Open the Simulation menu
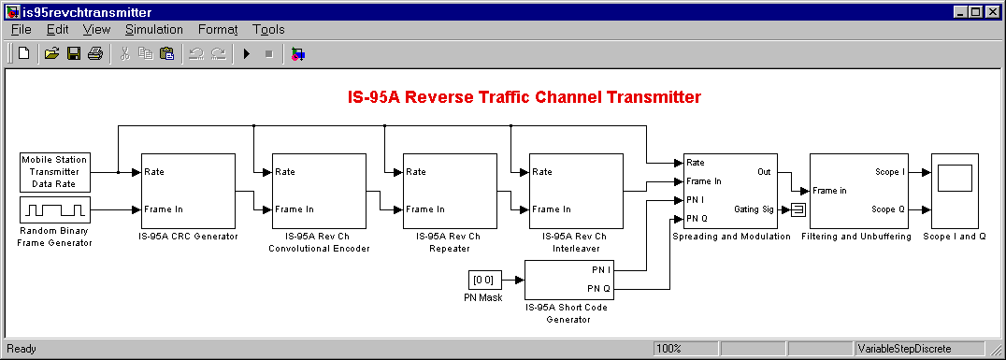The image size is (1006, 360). tap(154, 30)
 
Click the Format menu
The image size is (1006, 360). tap(218, 30)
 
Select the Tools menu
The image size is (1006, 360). tap(268, 30)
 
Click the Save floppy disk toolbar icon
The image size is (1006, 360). tap(74, 54)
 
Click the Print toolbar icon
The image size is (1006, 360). tap(95, 54)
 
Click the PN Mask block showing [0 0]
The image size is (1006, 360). tap(483, 280)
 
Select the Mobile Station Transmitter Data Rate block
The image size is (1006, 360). tap(55, 172)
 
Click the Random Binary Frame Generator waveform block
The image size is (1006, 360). tap(55, 209)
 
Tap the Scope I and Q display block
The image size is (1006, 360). tap(955, 191)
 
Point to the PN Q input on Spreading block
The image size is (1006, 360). tap(697, 218)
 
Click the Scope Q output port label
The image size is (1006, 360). tap(888, 209)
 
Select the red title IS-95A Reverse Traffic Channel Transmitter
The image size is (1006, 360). tap(525, 97)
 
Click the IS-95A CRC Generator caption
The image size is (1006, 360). tap(188, 237)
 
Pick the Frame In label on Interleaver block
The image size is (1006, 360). tap(550, 209)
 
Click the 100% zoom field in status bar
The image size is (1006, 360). tap(686, 349)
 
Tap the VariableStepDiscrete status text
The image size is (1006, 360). tap(905, 349)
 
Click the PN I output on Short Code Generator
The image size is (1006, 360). tap(601, 270)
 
